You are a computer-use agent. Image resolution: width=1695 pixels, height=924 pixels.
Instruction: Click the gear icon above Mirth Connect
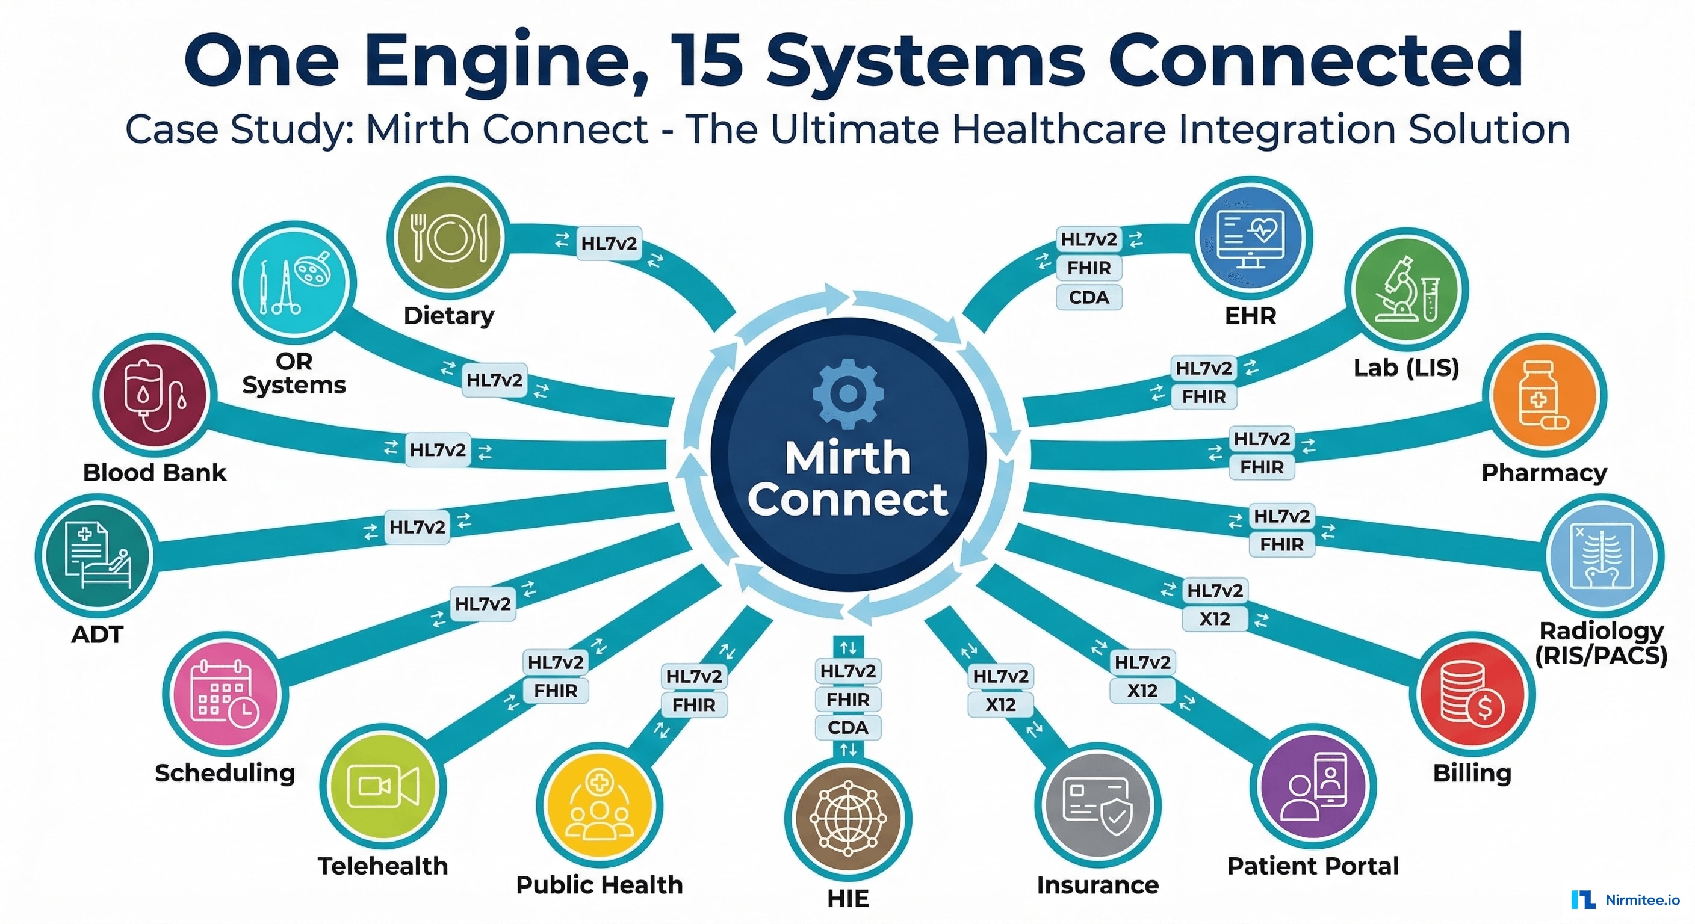[x=847, y=393]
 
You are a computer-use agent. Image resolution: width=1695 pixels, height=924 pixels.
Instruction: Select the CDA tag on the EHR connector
[x=1088, y=297]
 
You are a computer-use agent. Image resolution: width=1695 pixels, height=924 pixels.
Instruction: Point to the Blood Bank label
[x=155, y=472]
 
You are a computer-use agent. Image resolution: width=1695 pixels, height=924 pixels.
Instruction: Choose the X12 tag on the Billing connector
[x=1214, y=619]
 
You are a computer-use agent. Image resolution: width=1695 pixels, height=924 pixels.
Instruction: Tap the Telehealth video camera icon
[x=383, y=786]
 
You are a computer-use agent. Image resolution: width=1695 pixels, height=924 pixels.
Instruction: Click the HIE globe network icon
[x=847, y=819]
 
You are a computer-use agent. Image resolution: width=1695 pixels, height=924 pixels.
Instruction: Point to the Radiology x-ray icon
[x=1602, y=556]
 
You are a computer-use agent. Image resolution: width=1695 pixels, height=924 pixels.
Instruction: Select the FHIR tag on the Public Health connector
[x=693, y=705]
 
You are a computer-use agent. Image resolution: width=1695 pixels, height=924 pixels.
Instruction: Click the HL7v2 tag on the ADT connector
[x=417, y=527]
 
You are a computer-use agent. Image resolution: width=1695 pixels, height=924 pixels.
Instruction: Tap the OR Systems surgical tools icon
[x=294, y=283]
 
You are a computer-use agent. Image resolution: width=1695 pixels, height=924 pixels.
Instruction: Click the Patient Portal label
[x=1313, y=866]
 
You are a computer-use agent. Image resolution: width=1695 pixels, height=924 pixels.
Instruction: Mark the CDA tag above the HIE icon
[x=847, y=727]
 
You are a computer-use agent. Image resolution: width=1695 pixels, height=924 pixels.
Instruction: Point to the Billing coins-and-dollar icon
[x=1471, y=694]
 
